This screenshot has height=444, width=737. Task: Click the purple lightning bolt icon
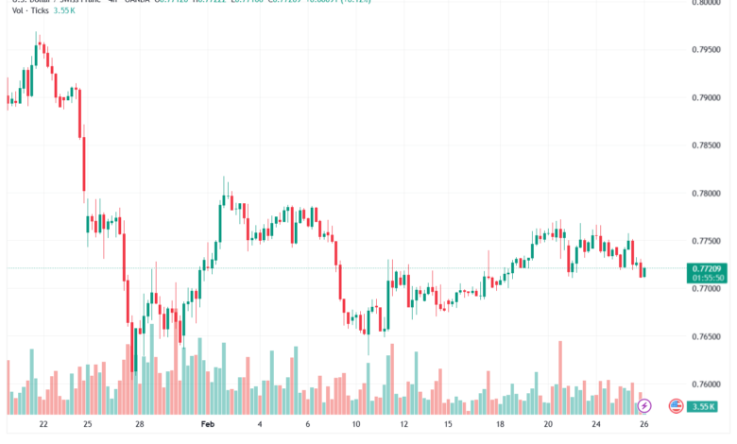tap(644, 405)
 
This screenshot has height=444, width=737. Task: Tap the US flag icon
tap(676, 405)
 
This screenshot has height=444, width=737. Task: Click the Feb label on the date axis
tap(209, 426)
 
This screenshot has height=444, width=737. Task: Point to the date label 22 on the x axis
tap(43, 426)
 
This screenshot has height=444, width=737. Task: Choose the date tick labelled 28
tap(139, 426)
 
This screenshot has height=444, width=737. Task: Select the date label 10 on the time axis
tap(356, 426)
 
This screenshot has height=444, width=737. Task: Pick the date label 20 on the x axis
tap(547, 426)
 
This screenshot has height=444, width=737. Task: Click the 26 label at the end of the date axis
tap(643, 426)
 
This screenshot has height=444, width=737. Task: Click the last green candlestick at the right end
tap(643, 272)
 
